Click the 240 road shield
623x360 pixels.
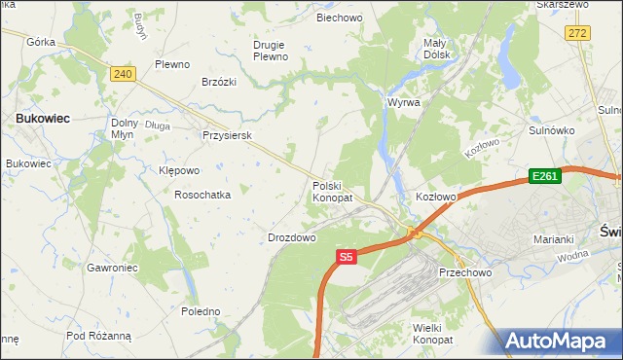coord(123,74)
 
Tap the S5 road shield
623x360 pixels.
coord(348,257)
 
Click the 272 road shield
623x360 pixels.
coord(578,33)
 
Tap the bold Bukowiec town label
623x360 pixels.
coord(41,118)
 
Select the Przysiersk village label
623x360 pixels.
coord(227,136)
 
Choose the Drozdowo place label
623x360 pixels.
coord(292,237)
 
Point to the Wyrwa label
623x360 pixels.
coord(404,102)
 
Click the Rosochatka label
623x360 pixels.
coord(202,195)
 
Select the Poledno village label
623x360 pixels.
coord(202,311)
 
